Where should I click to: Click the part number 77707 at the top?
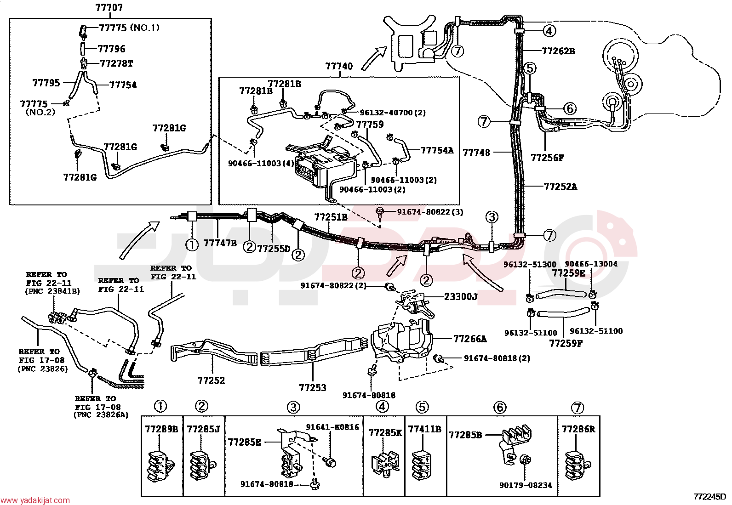coord(109,7)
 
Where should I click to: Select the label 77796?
coord(111,49)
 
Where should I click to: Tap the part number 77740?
coord(339,66)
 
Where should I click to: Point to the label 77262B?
coord(559,51)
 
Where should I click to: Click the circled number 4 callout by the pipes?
coord(549,31)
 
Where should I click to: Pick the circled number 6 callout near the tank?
coord(570,108)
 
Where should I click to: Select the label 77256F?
coord(547,158)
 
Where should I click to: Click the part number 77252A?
coord(560,187)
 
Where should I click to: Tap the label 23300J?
coord(461,296)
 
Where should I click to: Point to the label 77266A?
coord(470,339)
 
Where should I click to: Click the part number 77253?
coord(313,388)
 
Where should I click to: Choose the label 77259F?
coord(566,343)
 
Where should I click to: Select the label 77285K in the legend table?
coord(385,433)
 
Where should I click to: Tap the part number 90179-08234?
coord(526,485)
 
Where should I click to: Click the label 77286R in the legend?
coord(578,429)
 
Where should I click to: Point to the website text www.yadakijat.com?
coord(35,500)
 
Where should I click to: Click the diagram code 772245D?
coord(709,497)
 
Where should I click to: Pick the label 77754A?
coord(437,150)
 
